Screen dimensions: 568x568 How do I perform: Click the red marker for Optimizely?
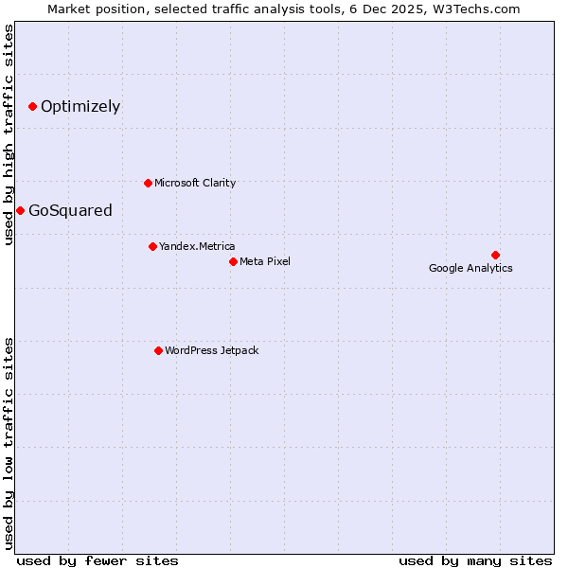click(x=32, y=106)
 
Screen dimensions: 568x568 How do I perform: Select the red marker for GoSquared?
click(x=20, y=210)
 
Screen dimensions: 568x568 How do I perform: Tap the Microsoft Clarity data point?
click(x=148, y=183)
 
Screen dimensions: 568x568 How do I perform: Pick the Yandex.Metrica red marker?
click(x=152, y=246)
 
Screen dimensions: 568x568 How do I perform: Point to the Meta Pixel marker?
click(x=233, y=261)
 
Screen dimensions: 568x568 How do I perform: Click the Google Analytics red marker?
click(x=495, y=255)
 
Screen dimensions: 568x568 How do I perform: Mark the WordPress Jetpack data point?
click(x=158, y=350)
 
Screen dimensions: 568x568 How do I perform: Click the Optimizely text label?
click(x=80, y=106)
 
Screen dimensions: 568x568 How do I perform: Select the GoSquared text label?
click(x=70, y=210)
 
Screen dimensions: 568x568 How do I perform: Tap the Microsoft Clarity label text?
click(x=195, y=183)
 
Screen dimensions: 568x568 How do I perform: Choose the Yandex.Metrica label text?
click(x=197, y=246)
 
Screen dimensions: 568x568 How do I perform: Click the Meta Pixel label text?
click(x=265, y=261)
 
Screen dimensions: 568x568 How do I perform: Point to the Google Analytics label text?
click(x=470, y=268)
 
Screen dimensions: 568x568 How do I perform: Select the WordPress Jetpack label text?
click(x=211, y=350)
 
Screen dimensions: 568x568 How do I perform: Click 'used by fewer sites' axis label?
click(x=98, y=560)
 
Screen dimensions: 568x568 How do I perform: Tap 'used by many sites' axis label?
click(x=475, y=560)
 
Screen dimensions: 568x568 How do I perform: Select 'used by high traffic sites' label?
click(x=9, y=134)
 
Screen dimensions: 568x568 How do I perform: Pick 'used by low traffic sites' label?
click(x=9, y=442)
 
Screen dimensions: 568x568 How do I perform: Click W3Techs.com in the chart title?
click(x=480, y=9)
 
